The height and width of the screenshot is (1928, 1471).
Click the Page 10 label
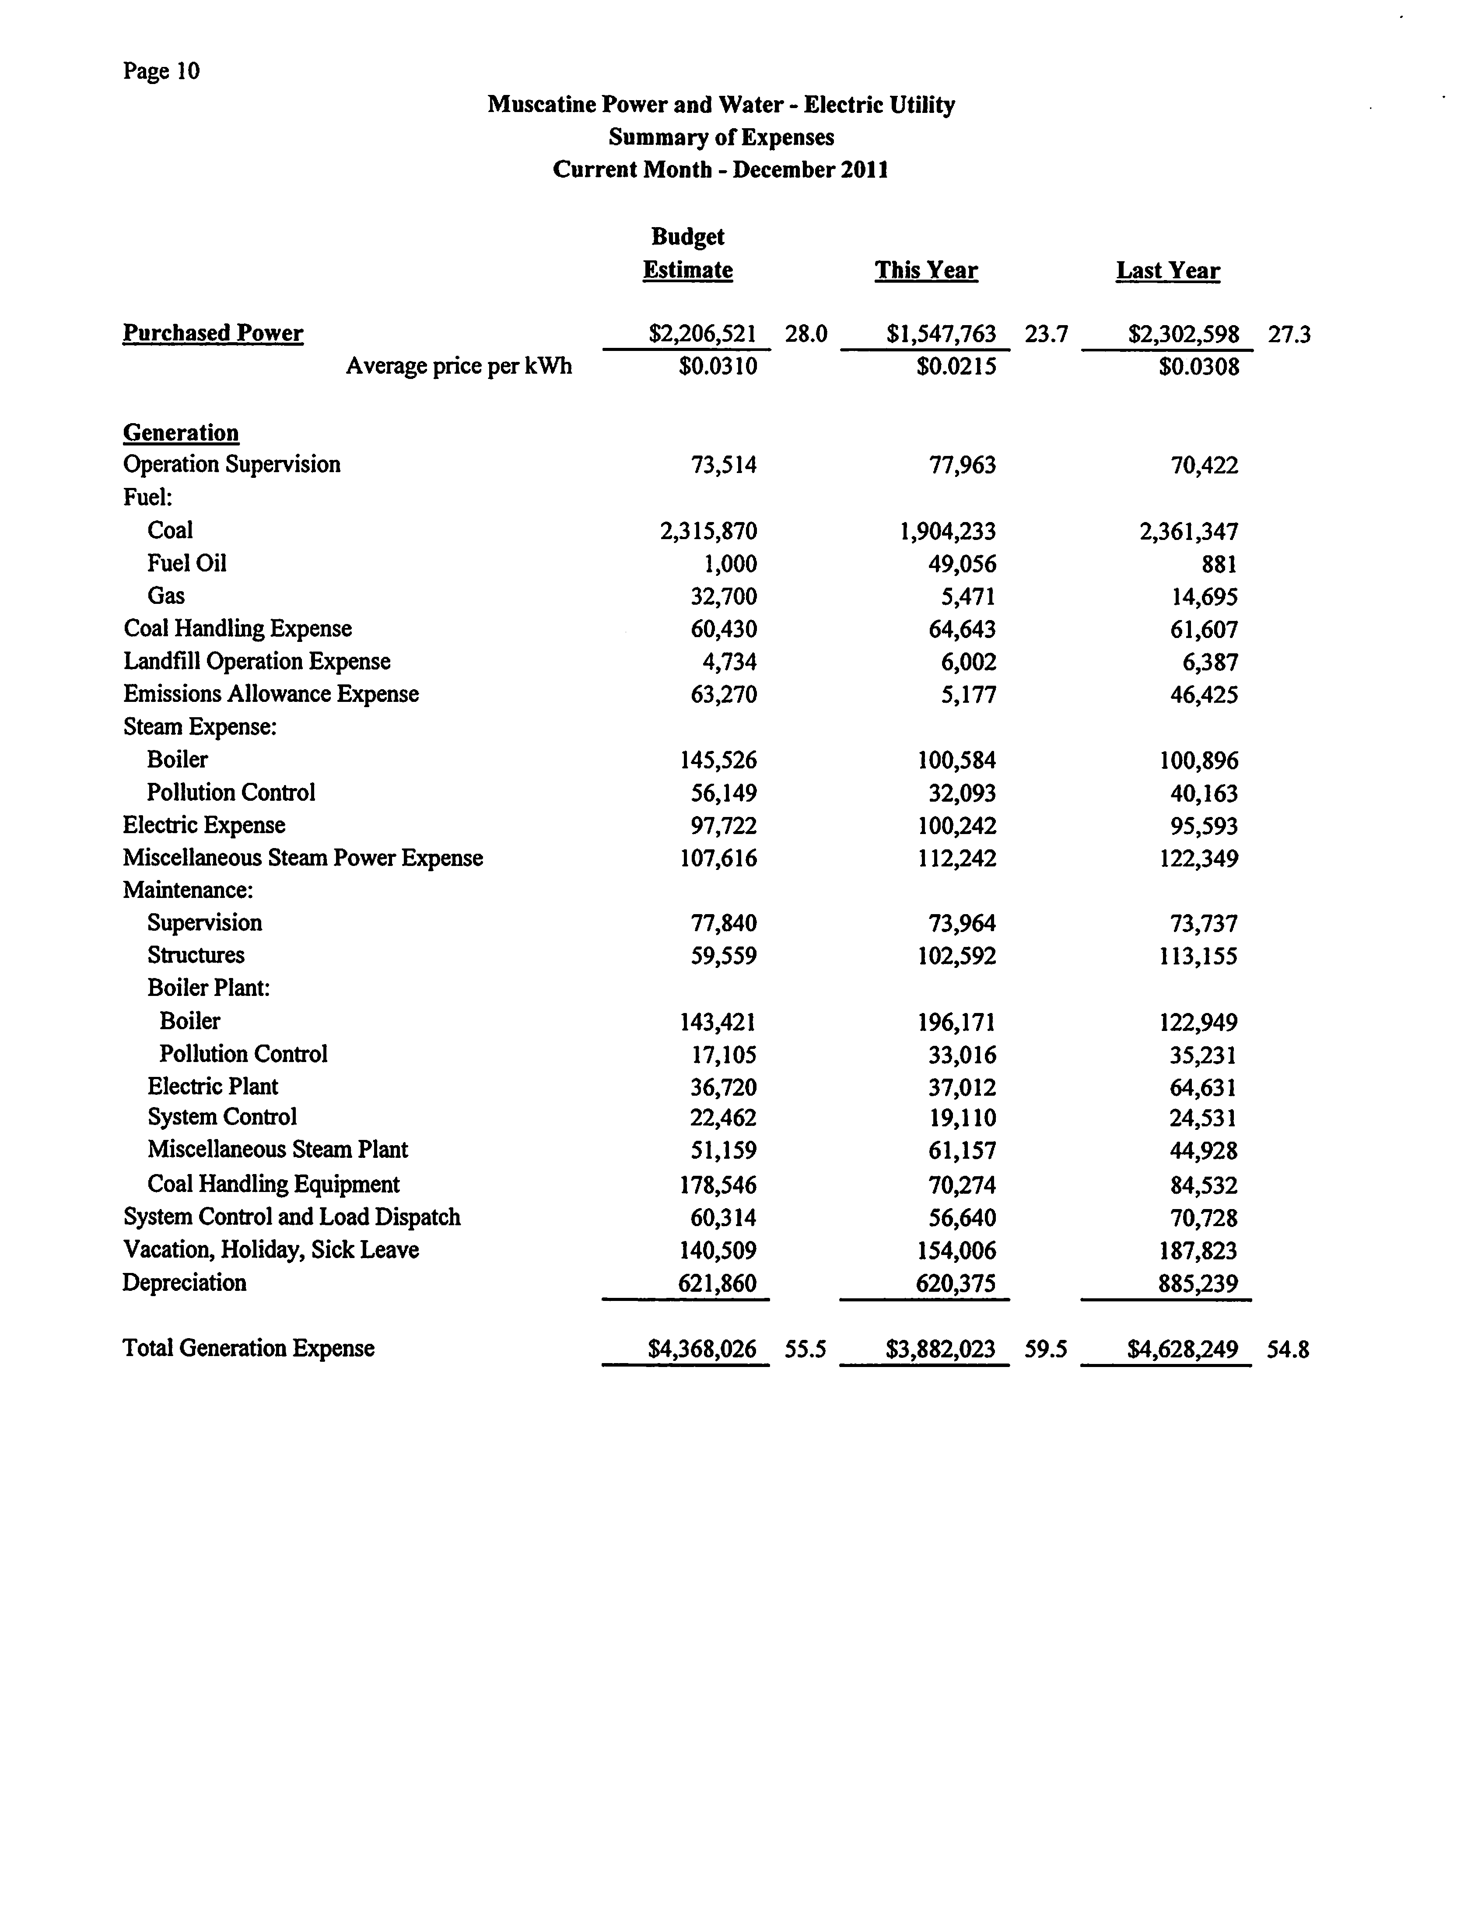[161, 71]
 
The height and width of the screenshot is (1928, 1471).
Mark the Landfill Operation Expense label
[256, 661]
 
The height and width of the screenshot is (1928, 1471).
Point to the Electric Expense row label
[204, 825]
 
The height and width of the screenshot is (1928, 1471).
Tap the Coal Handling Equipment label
[273, 1184]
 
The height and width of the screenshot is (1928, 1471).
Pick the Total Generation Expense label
[249, 1348]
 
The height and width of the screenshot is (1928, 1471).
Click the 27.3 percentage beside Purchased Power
[1289, 334]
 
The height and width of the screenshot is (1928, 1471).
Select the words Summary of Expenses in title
[721, 137]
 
